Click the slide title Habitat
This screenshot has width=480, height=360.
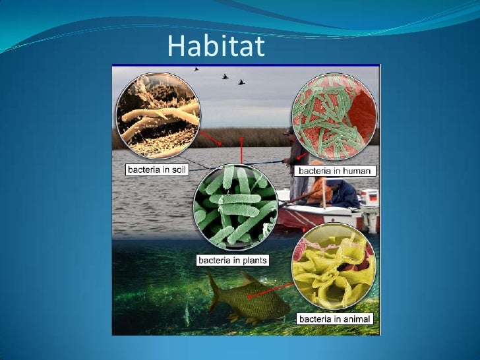[x=216, y=45]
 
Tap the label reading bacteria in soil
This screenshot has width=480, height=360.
[x=157, y=169]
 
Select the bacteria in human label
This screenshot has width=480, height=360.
[x=337, y=171]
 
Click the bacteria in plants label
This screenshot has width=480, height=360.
[x=233, y=260]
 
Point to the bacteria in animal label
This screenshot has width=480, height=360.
[x=336, y=319]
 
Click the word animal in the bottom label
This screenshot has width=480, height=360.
[x=357, y=319]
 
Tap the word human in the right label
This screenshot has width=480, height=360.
[x=359, y=171]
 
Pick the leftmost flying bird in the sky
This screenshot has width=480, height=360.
[x=196, y=68]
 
